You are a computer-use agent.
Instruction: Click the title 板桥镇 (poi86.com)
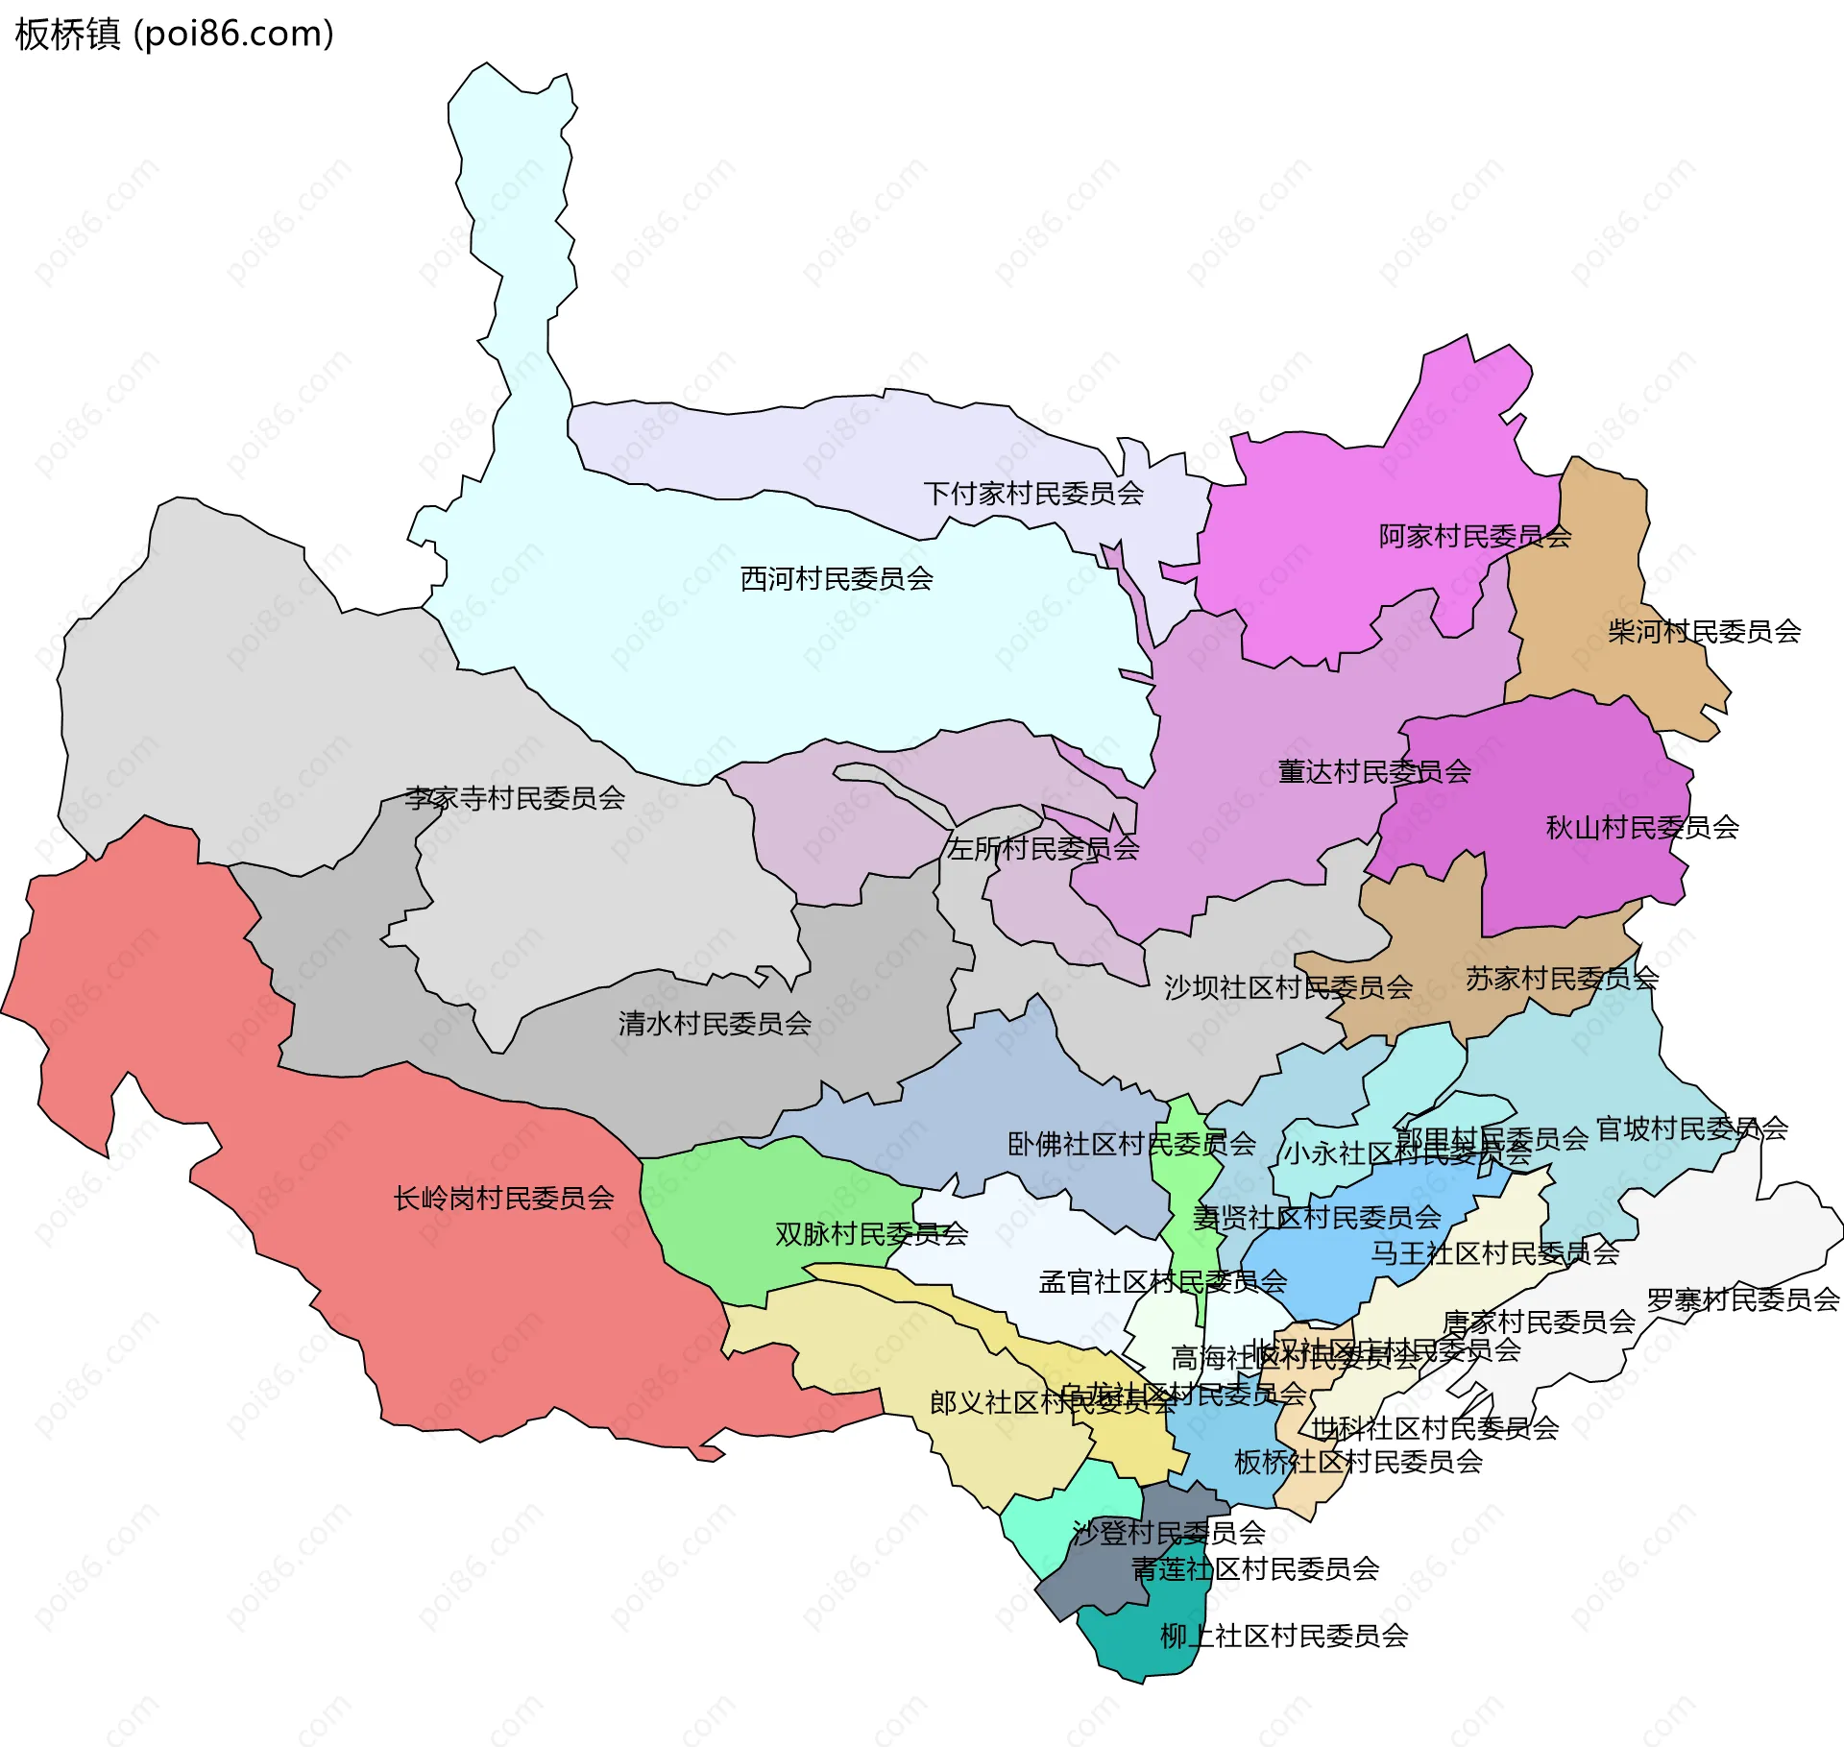(x=175, y=35)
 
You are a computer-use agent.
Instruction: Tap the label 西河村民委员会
(x=837, y=579)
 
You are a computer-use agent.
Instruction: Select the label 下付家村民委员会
(x=1033, y=494)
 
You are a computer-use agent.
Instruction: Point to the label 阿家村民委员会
(x=1474, y=536)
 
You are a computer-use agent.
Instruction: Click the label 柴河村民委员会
(x=1704, y=631)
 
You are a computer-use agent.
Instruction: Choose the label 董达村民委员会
(x=1374, y=771)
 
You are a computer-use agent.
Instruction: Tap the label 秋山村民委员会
(x=1642, y=827)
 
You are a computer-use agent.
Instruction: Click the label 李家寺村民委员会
(x=515, y=798)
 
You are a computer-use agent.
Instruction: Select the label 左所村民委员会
(x=1043, y=848)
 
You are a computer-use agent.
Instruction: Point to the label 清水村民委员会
(x=715, y=1024)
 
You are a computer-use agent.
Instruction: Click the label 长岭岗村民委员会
(x=503, y=1198)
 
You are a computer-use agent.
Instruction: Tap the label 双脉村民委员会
(x=871, y=1234)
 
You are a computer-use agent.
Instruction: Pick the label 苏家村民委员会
(x=1562, y=979)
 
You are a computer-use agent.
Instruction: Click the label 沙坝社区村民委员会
(x=1288, y=987)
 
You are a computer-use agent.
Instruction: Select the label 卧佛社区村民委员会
(x=1131, y=1144)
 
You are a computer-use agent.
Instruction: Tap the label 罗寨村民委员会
(x=1742, y=1299)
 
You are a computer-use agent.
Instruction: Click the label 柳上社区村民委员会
(x=1284, y=1636)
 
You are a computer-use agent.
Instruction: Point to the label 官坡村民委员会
(x=1691, y=1128)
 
